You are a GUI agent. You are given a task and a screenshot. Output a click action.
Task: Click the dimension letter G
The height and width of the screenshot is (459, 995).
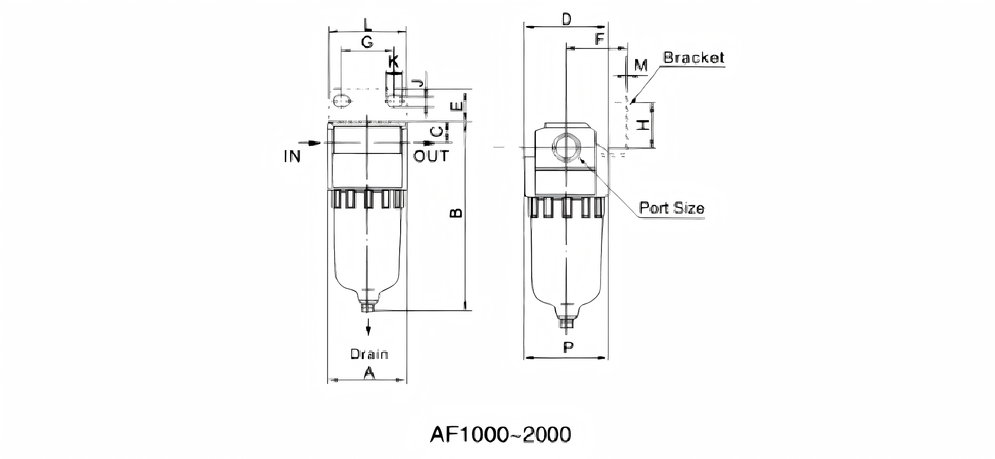(366, 42)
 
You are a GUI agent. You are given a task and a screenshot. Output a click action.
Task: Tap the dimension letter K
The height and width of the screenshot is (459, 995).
(394, 61)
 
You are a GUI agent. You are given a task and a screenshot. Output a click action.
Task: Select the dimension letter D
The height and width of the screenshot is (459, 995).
(566, 19)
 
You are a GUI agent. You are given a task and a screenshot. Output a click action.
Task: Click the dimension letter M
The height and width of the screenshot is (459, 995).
(641, 66)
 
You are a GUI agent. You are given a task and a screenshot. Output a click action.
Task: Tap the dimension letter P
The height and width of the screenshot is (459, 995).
(568, 347)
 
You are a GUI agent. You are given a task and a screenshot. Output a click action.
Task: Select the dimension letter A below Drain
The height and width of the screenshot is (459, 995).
(369, 373)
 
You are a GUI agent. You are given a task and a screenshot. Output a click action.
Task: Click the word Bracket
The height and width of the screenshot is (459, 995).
(694, 58)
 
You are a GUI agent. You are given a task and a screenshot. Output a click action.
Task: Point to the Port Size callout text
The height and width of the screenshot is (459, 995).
(671, 208)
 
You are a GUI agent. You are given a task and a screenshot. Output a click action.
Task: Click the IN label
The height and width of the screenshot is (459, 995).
(292, 156)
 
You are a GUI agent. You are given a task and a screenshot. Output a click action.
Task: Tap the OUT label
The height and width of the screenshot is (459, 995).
(431, 156)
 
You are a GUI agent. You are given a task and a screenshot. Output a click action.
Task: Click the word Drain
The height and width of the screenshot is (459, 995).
(369, 354)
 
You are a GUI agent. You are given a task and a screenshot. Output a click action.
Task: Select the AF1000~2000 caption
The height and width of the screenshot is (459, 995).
(500, 434)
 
